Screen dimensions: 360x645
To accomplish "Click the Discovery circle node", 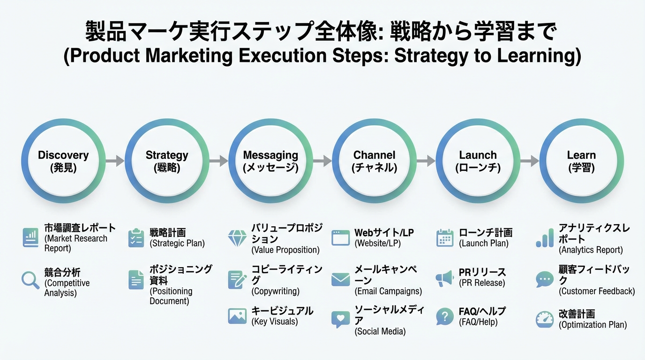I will pos(63,161).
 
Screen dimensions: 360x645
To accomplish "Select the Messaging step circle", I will pos(270,161).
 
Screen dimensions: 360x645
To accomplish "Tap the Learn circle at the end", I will pos(581,161).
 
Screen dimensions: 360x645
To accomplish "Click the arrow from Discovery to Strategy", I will pos(115,161).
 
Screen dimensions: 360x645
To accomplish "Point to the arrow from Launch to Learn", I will pos(529,161).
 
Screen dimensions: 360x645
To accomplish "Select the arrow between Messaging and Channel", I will pos(322,161).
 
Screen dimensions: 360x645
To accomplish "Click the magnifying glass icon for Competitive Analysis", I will pos(30,280).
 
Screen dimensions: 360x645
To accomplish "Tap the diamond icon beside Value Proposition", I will pos(237,238).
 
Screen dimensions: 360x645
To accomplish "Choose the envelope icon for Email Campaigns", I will pos(341,280).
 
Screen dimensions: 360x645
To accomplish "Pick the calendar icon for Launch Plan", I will pos(444,238).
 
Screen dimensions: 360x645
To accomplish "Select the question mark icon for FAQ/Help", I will pos(444,316).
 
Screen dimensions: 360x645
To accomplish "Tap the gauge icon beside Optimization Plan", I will pos(545,320).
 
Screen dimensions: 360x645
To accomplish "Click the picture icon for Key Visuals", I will pos(237,316).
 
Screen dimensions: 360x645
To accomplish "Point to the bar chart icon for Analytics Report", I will pos(545,238).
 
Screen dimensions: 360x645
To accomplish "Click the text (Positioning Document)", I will pos(171,296).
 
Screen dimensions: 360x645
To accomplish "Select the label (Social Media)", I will pos(380,331).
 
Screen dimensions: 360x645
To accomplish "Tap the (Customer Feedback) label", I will pos(597,291).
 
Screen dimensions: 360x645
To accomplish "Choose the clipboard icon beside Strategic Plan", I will pos(136,238).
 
